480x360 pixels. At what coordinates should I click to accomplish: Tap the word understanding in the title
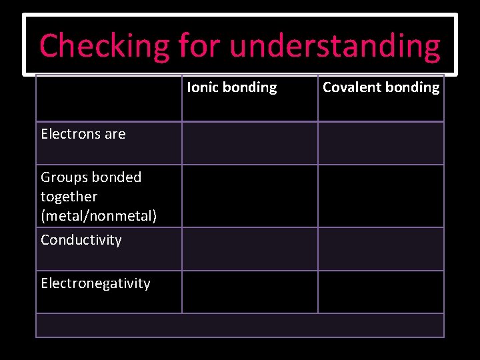click(x=335, y=46)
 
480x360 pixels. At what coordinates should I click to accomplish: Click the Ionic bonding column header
click(x=232, y=87)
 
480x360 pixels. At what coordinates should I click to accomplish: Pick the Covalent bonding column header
click(x=381, y=87)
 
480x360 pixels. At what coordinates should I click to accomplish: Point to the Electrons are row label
click(x=83, y=134)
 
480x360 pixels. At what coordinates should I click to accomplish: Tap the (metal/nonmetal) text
click(x=99, y=216)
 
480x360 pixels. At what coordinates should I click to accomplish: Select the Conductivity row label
click(x=81, y=240)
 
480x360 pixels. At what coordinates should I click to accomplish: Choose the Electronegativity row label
click(x=95, y=283)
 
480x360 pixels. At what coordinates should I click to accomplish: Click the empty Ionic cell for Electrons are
click(x=250, y=143)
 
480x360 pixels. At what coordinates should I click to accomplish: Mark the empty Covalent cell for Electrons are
click(x=381, y=143)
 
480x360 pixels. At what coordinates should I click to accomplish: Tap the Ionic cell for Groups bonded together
click(x=250, y=196)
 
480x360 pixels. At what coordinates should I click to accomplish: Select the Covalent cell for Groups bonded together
click(x=381, y=196)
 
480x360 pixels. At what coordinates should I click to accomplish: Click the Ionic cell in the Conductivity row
click(x=250, y=249)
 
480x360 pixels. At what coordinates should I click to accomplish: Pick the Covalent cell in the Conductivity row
click(x=381, y=249)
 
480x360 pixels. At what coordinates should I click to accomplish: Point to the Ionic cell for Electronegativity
click(x=250, y=292)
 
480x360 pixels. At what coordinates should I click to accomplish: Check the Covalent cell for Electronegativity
click(x=381, y=292)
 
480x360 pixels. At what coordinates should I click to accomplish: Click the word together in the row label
click(x=69, y=197)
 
